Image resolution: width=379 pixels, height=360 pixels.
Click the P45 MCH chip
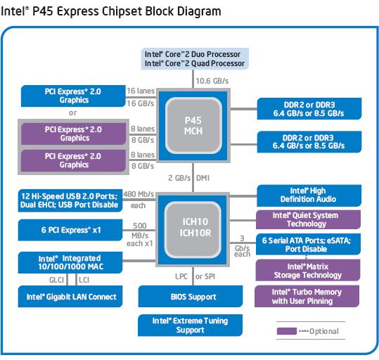coord(193,125)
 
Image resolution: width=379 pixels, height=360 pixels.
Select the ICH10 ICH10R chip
coord(193,230)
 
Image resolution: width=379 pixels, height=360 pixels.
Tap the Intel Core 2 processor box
coord(195,59)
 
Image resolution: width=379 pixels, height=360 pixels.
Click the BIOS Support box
coord(191,297)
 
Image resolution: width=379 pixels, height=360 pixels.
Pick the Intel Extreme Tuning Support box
coord(191,325)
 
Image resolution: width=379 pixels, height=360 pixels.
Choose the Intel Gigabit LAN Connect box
coord(70,297)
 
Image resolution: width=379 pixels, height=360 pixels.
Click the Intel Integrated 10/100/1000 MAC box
coord(70,262)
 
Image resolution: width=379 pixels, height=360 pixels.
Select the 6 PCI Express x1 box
coord(70,230)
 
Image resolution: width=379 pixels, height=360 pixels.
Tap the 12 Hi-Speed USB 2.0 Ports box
coord(70,200)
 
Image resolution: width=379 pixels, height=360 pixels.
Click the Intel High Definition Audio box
coord(309,195)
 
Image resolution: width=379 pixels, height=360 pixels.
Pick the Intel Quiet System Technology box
coord(309,219)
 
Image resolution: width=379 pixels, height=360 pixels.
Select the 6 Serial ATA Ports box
coord(309,244)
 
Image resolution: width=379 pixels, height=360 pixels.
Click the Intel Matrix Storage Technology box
coord(308,270)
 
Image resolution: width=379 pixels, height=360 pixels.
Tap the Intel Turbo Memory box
coord(307,296)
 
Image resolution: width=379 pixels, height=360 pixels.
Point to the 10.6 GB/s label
coord(212,81)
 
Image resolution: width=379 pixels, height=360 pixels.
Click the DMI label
coord(203,178)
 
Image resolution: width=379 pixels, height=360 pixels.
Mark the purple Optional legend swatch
coord(287,331)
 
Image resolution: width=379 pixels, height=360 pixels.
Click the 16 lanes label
coord(141,91)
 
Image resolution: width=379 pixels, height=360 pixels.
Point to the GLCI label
coord(56,280)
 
